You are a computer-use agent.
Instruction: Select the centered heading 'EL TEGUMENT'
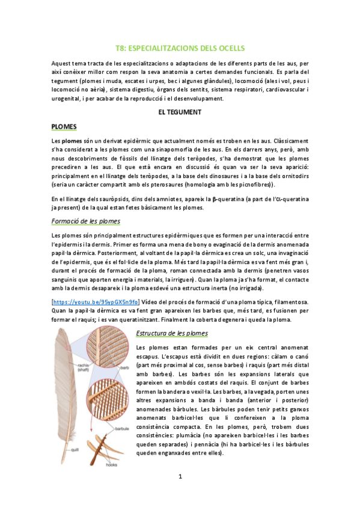tap(180, 112)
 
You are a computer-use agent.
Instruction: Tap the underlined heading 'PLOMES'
tap(64, 127)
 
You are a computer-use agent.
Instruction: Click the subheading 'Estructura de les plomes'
tap(172, 333)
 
